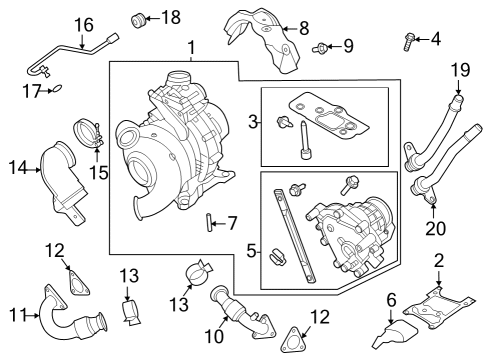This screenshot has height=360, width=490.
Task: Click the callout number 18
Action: [171, 16]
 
